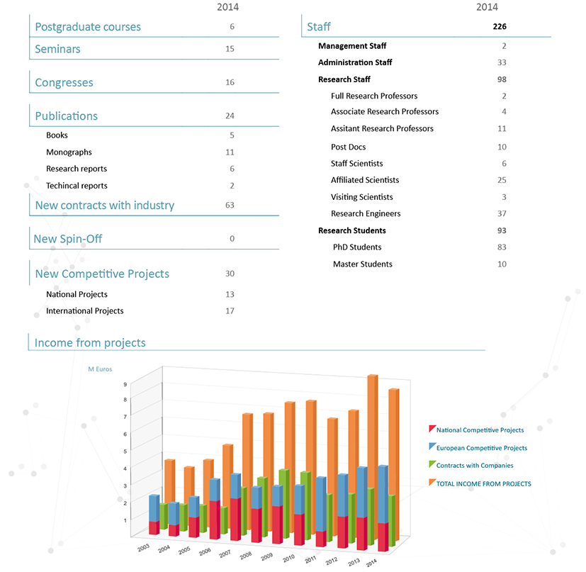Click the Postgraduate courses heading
pos(88,27)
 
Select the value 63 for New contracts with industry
pos(230,206)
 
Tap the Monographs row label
pos(69,152)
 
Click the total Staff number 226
pos(500,27)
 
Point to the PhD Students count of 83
pos(502,247)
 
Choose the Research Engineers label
pos(366,214)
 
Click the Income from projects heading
pos(90,343)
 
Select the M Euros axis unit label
pos(100,369)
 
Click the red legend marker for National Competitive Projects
pos(432,430)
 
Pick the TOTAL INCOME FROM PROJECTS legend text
pos(483,484)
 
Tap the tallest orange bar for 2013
pos(372,454)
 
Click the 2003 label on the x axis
pos(142,549)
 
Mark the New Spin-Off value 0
pos(232,239)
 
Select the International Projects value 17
pos(230,311)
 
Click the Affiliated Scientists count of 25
pos(502,180)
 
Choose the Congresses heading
pos(64,83)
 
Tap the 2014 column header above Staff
pos(487,7)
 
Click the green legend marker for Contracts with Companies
pos(432,465)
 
